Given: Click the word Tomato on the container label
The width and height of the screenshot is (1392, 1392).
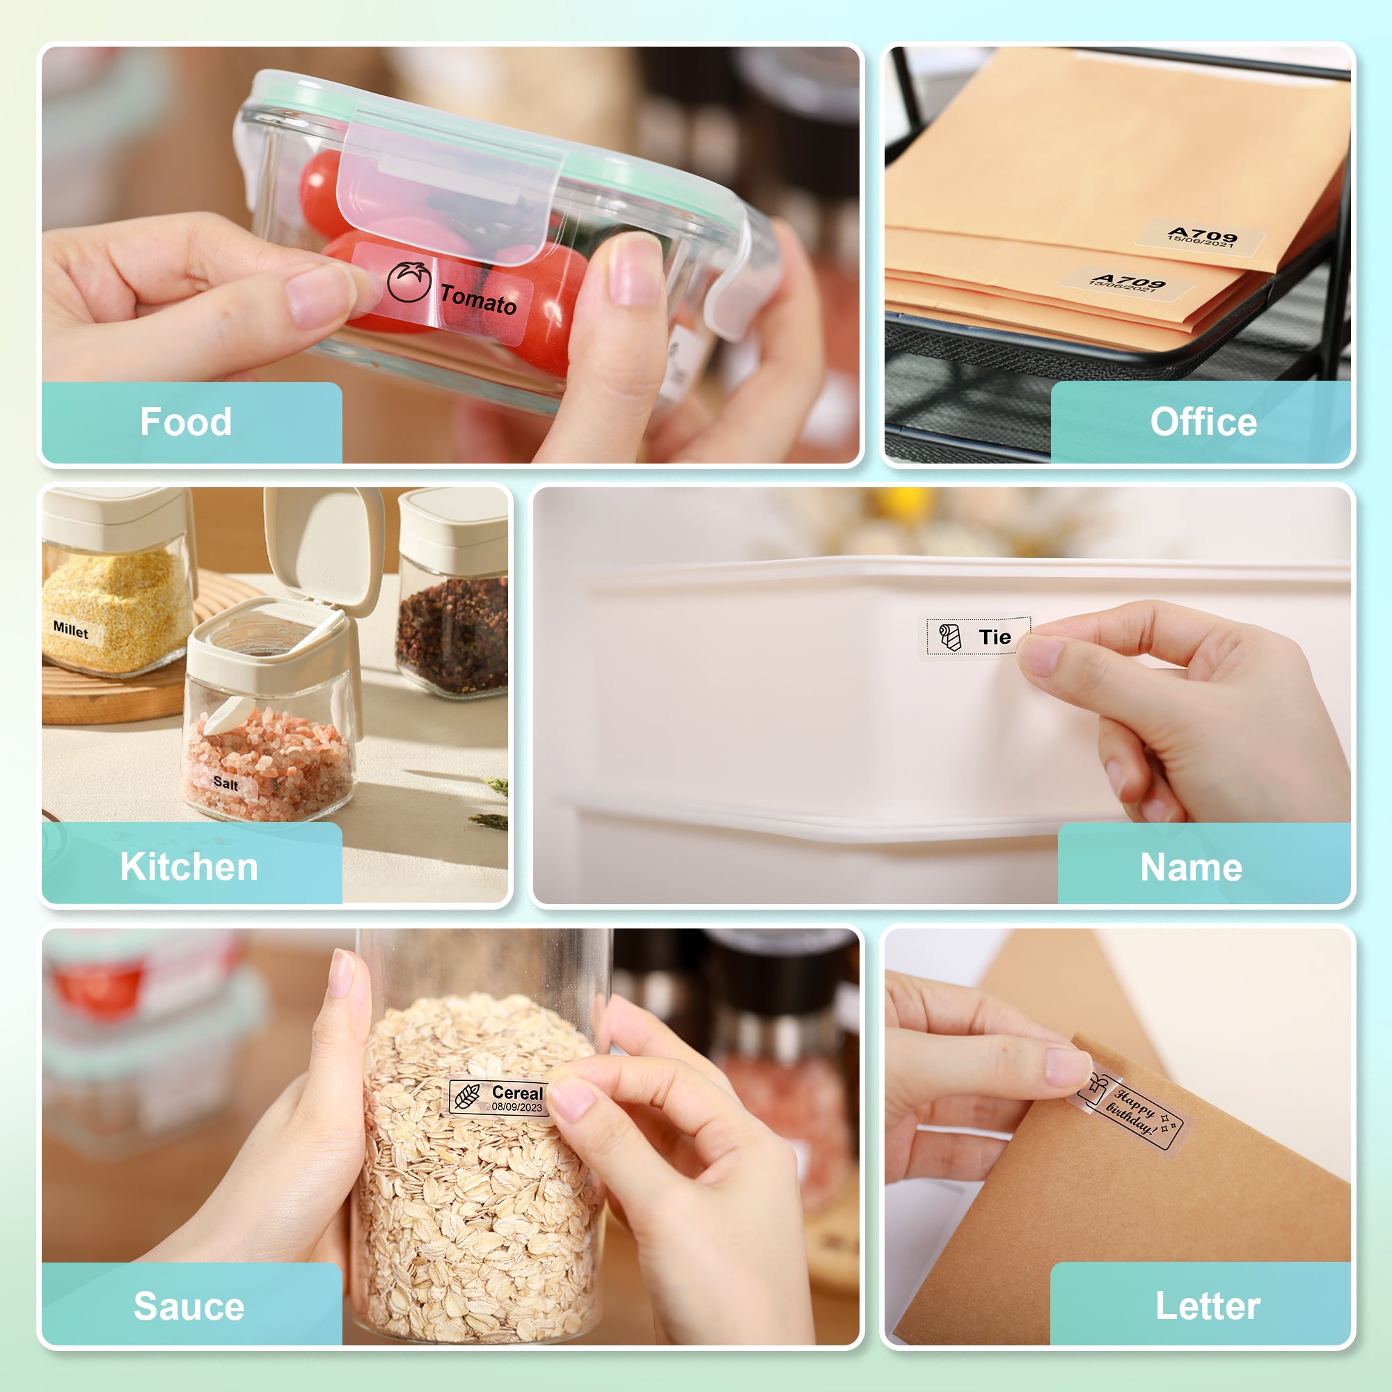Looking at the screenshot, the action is click(x=478, y=299).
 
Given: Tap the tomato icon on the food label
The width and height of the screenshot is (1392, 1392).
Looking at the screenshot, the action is click(x=409, y=281).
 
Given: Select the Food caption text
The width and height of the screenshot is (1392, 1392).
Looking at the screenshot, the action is click(x=186, y=422).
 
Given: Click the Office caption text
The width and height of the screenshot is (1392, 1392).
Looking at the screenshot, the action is click(x=1203, y=422).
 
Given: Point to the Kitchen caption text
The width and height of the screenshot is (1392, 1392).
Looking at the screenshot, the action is click(x=189, y=866).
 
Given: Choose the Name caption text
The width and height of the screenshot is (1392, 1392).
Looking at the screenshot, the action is click(x=1191, y=867).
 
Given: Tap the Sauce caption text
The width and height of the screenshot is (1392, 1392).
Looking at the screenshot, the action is click(x=189, y=1306).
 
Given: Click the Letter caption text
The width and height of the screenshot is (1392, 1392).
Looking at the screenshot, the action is click(x=1208, y=1306).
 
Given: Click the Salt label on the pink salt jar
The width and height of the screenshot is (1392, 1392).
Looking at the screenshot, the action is click(x=226, y=783).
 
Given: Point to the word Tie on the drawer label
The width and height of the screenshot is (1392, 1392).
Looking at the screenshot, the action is click(x=995, y=637).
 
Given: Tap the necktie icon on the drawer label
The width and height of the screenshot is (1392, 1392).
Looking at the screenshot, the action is click(x=949, y=637).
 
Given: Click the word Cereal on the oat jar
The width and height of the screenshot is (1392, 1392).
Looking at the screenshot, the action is click(x=517, y=1092).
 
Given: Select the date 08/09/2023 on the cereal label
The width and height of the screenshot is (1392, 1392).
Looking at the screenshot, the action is click(x=516, y=1107).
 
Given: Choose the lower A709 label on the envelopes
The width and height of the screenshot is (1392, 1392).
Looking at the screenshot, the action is click(x=1126, y=283).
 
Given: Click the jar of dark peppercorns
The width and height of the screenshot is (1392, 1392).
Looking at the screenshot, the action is click(x=452, y=634).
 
